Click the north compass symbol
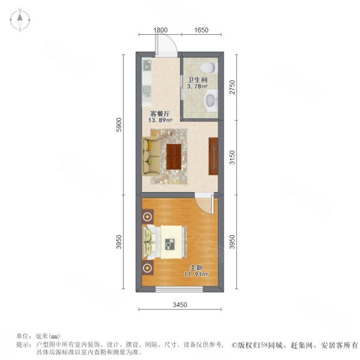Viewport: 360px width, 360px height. tap(20, 20)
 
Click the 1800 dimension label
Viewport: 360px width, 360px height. tap(160, 30)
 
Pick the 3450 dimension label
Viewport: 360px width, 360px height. tap(181, 305)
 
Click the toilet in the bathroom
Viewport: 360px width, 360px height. tap(208, 67)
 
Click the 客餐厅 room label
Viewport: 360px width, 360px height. tap(160, 112)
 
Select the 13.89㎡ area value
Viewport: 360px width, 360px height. tap(160, 119)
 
